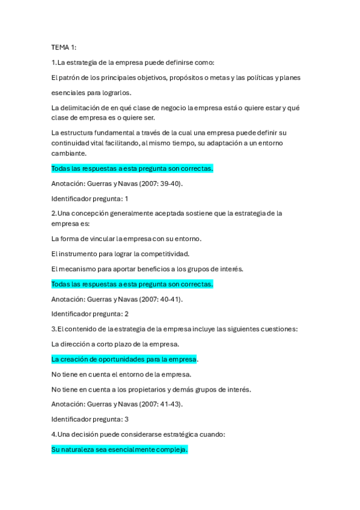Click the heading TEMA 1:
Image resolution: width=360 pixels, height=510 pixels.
pyautogui.click(x=64, y=47)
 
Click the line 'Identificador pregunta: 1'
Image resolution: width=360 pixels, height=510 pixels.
pyautogui.click(x=90, y=198)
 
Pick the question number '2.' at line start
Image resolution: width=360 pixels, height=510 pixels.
pyautogui.click(x=54, y=214)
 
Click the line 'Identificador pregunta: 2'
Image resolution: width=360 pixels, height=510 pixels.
pyautogui.click(x=90, y=314)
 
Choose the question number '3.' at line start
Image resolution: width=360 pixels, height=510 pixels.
pyautogui.click(x=54, y=329)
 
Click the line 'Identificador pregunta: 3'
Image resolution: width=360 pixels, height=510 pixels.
pyautogui.click(x=90, y=419)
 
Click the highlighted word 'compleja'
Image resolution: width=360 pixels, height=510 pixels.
pyautogui.click(x=173, y=449)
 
